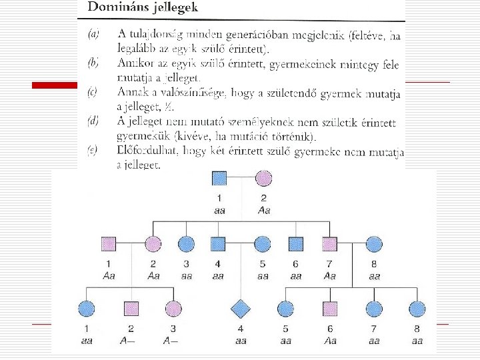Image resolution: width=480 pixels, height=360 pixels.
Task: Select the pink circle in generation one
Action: pyautogui.click(x=264, y=178)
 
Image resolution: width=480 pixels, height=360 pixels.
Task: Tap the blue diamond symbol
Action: pyautogui.click(x=240, y=308)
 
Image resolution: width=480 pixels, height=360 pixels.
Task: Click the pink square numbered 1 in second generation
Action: pyautogui.click(x=108, y=245)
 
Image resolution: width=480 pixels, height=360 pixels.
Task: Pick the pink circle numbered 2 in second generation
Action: pyautogui.click(x=154, y=245)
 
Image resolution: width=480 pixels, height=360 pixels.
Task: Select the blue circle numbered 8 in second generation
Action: pyautogui.click(x=374, y=245)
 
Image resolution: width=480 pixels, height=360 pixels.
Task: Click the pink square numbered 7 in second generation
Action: pyautogui.click(x=329, y=245)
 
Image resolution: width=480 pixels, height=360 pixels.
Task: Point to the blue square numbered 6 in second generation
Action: pyautogui.click(x=296, y=245)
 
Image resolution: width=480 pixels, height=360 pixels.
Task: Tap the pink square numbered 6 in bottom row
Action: pyautogui.click(x=329, y=308)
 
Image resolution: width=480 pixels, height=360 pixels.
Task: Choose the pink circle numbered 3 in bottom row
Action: pyautogui.click(x=173, y=308)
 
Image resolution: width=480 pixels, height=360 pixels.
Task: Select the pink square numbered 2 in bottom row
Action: pyautogui.click(x=131, y=308)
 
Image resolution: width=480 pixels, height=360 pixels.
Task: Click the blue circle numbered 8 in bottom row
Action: pyautogui.click(x=417, y=308)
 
